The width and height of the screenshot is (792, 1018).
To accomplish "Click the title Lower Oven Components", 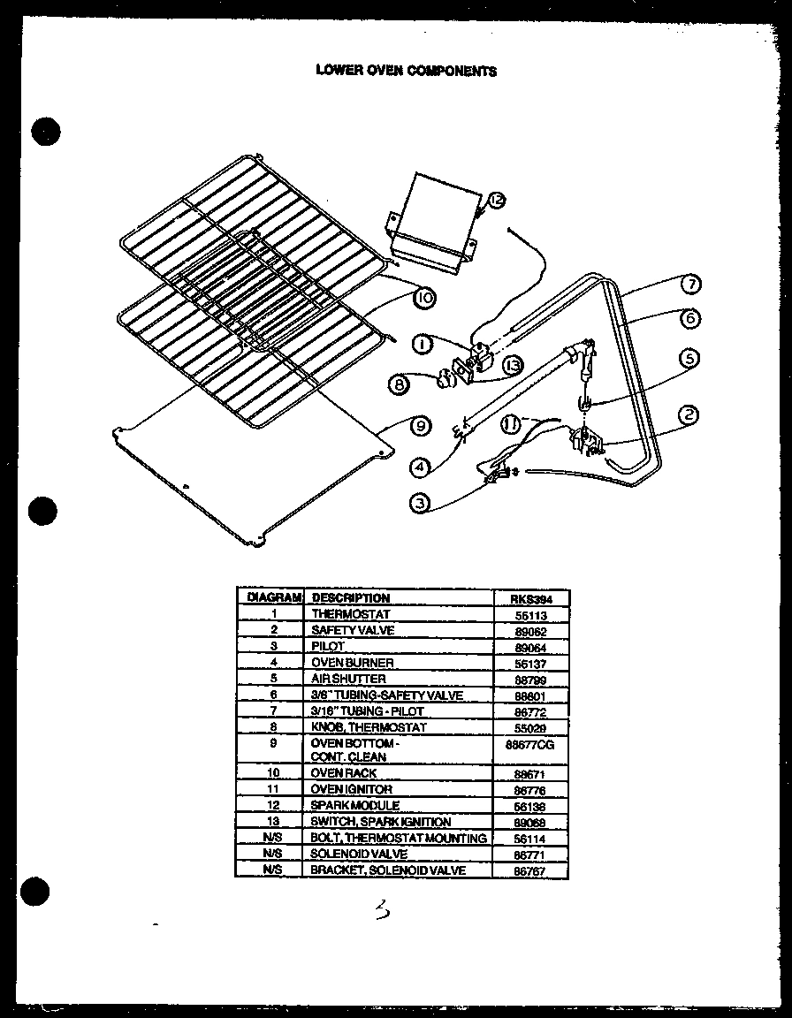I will [x=407, y=71].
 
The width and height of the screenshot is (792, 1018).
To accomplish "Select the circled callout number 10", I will [x=425, y=299].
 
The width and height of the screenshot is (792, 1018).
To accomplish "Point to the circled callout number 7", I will [x=691, y=285].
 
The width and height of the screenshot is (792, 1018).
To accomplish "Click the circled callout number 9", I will [x=422, y=425].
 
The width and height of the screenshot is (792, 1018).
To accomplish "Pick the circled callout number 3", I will [x=421, y=504].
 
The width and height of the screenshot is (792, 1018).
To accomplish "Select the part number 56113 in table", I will [x=530, y=614].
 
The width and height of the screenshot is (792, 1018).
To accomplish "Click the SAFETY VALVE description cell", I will [x=353, y=630].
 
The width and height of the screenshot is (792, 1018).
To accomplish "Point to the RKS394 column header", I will [x=530, y=598].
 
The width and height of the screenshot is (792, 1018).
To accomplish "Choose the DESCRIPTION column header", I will [x=351, y=598].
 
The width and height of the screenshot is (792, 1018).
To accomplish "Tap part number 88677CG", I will [x=530, y=745].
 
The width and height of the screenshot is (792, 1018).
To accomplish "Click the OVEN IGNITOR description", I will [x=351, y=789].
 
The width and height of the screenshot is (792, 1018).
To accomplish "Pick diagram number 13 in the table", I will [x=274, y=822].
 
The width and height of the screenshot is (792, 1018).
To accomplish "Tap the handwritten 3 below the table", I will [x=382, y=909].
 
